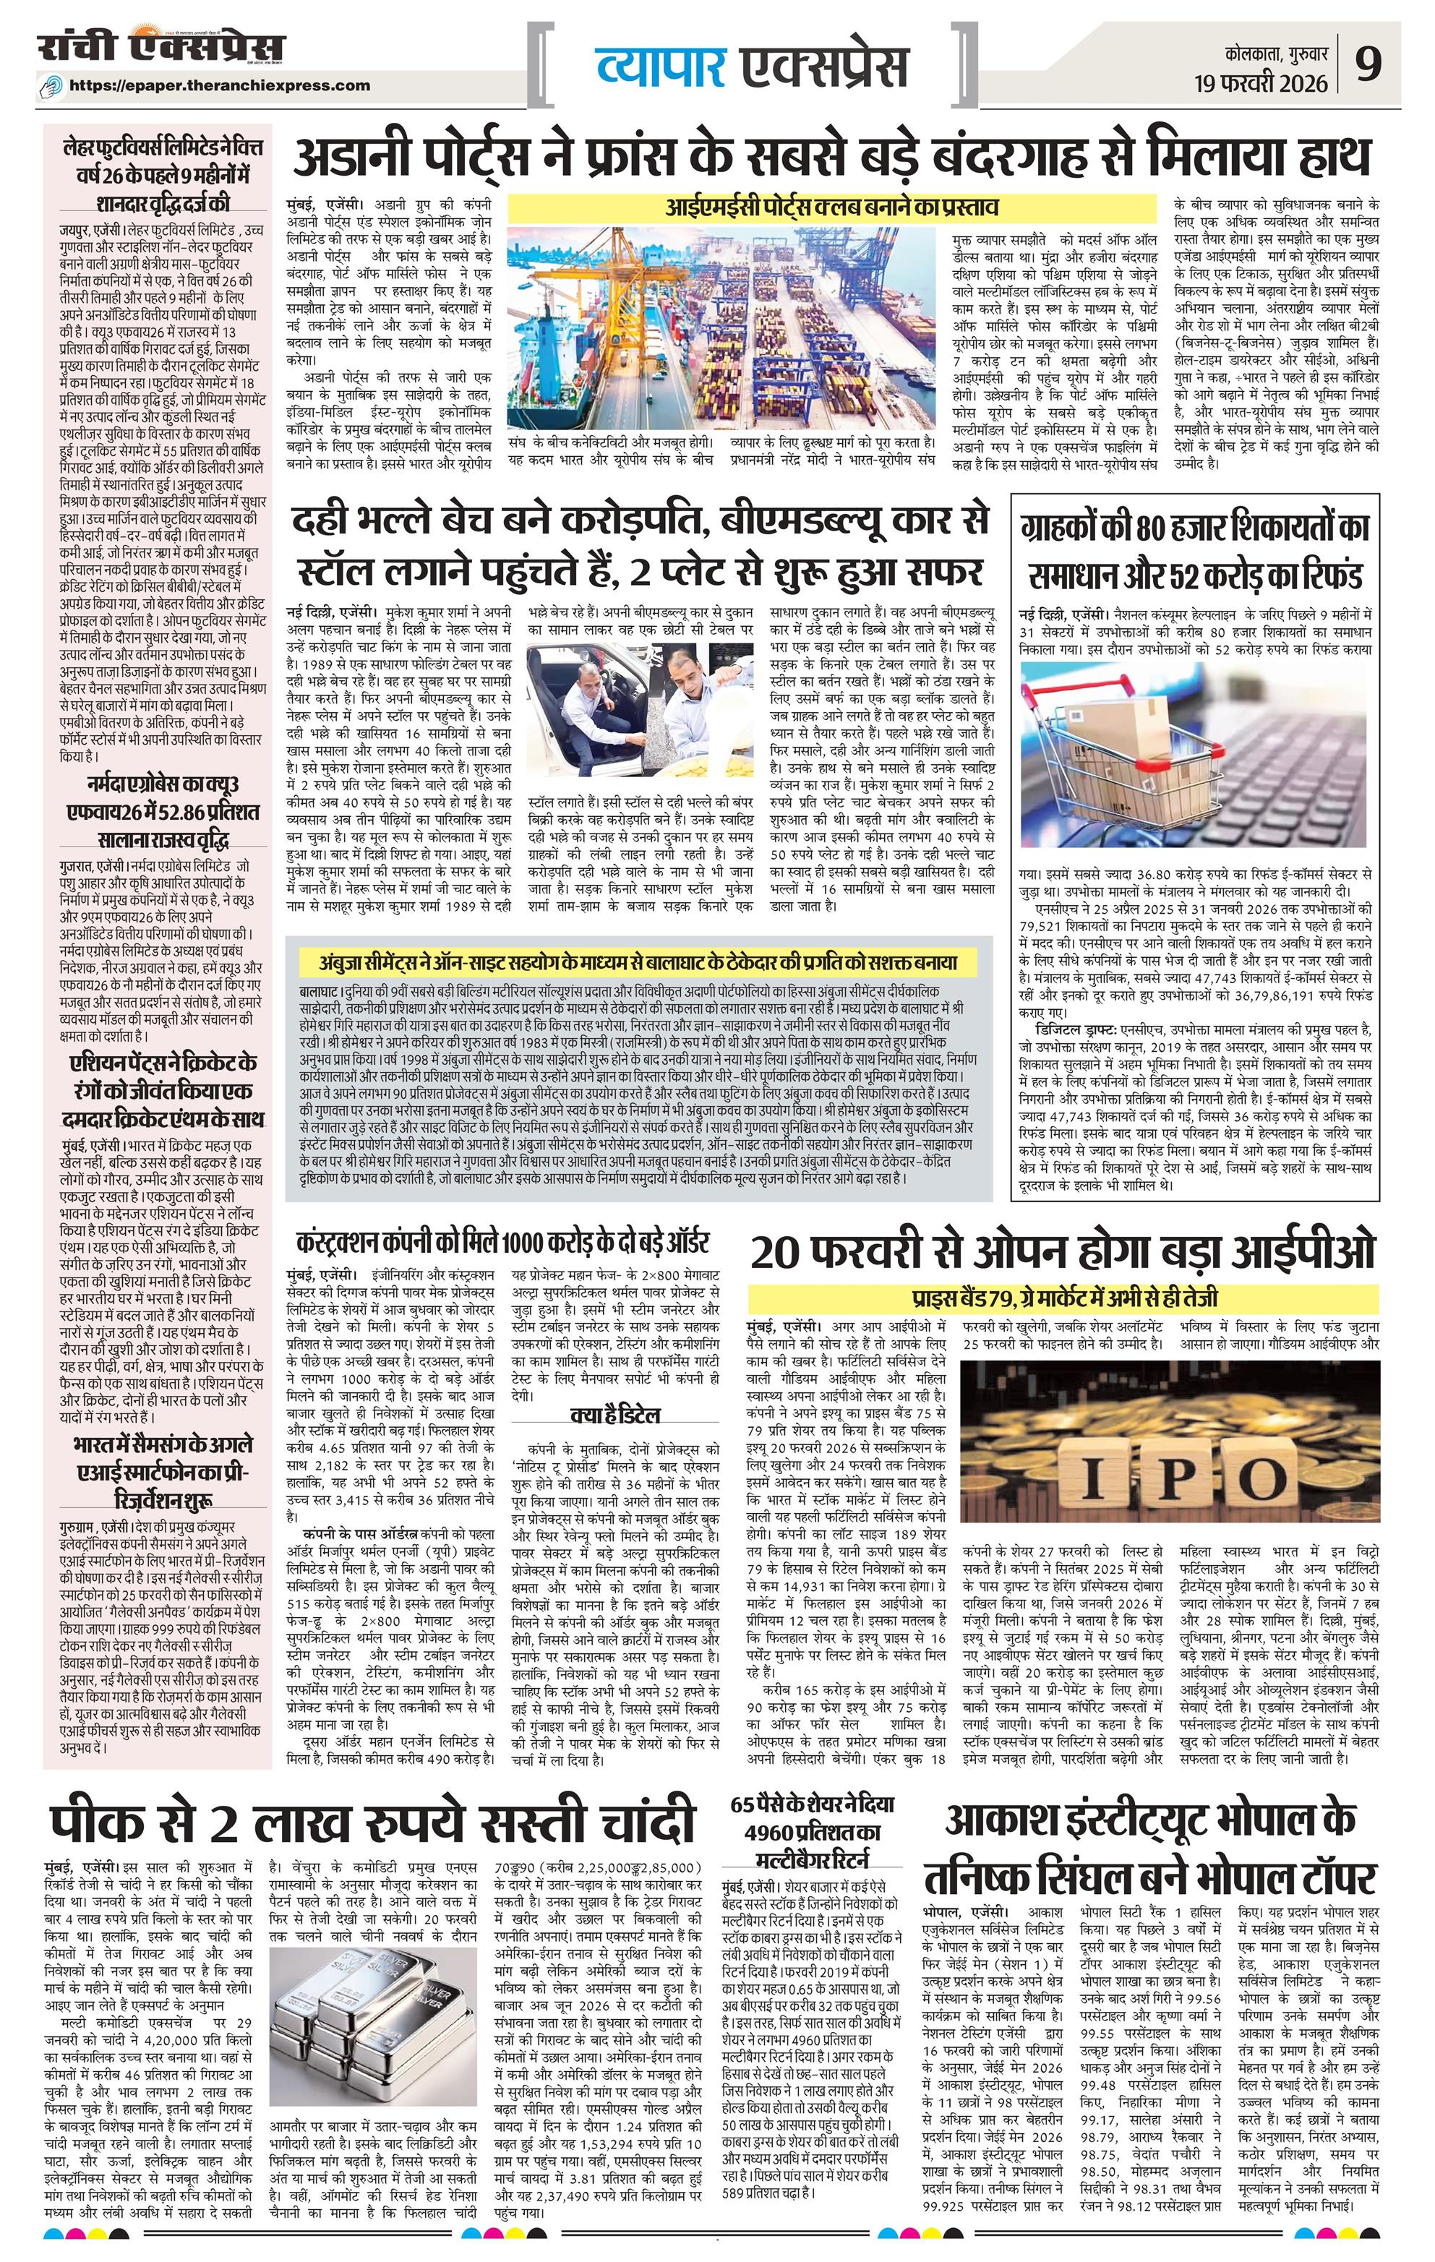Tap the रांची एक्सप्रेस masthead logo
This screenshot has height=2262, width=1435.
(x=160, y=48)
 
